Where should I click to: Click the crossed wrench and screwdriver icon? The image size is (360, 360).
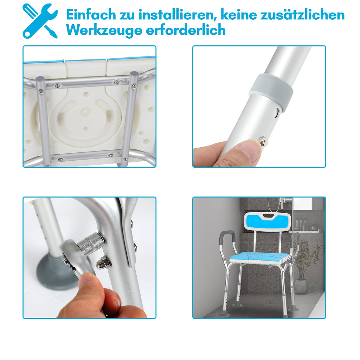(x=40, y=21)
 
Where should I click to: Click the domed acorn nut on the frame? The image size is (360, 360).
(x=103, y=262)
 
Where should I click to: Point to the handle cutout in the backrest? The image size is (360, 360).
(x=268, y=216)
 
